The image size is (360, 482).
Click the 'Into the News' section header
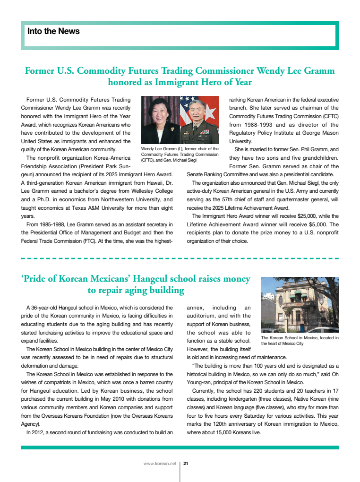(53, 32)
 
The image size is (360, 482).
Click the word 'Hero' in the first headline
(194, 82)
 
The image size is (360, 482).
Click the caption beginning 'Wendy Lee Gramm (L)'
(180, 155)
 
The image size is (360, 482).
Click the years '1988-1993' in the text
(259, 125)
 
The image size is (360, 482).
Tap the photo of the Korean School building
(300, 304)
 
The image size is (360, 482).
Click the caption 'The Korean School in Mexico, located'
(300, 337)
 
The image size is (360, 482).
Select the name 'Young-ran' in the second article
(200, 382)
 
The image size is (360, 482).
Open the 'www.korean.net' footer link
(160, 464)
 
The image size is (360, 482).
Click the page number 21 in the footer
(186, 464)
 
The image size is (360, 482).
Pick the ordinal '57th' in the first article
(233, 199)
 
